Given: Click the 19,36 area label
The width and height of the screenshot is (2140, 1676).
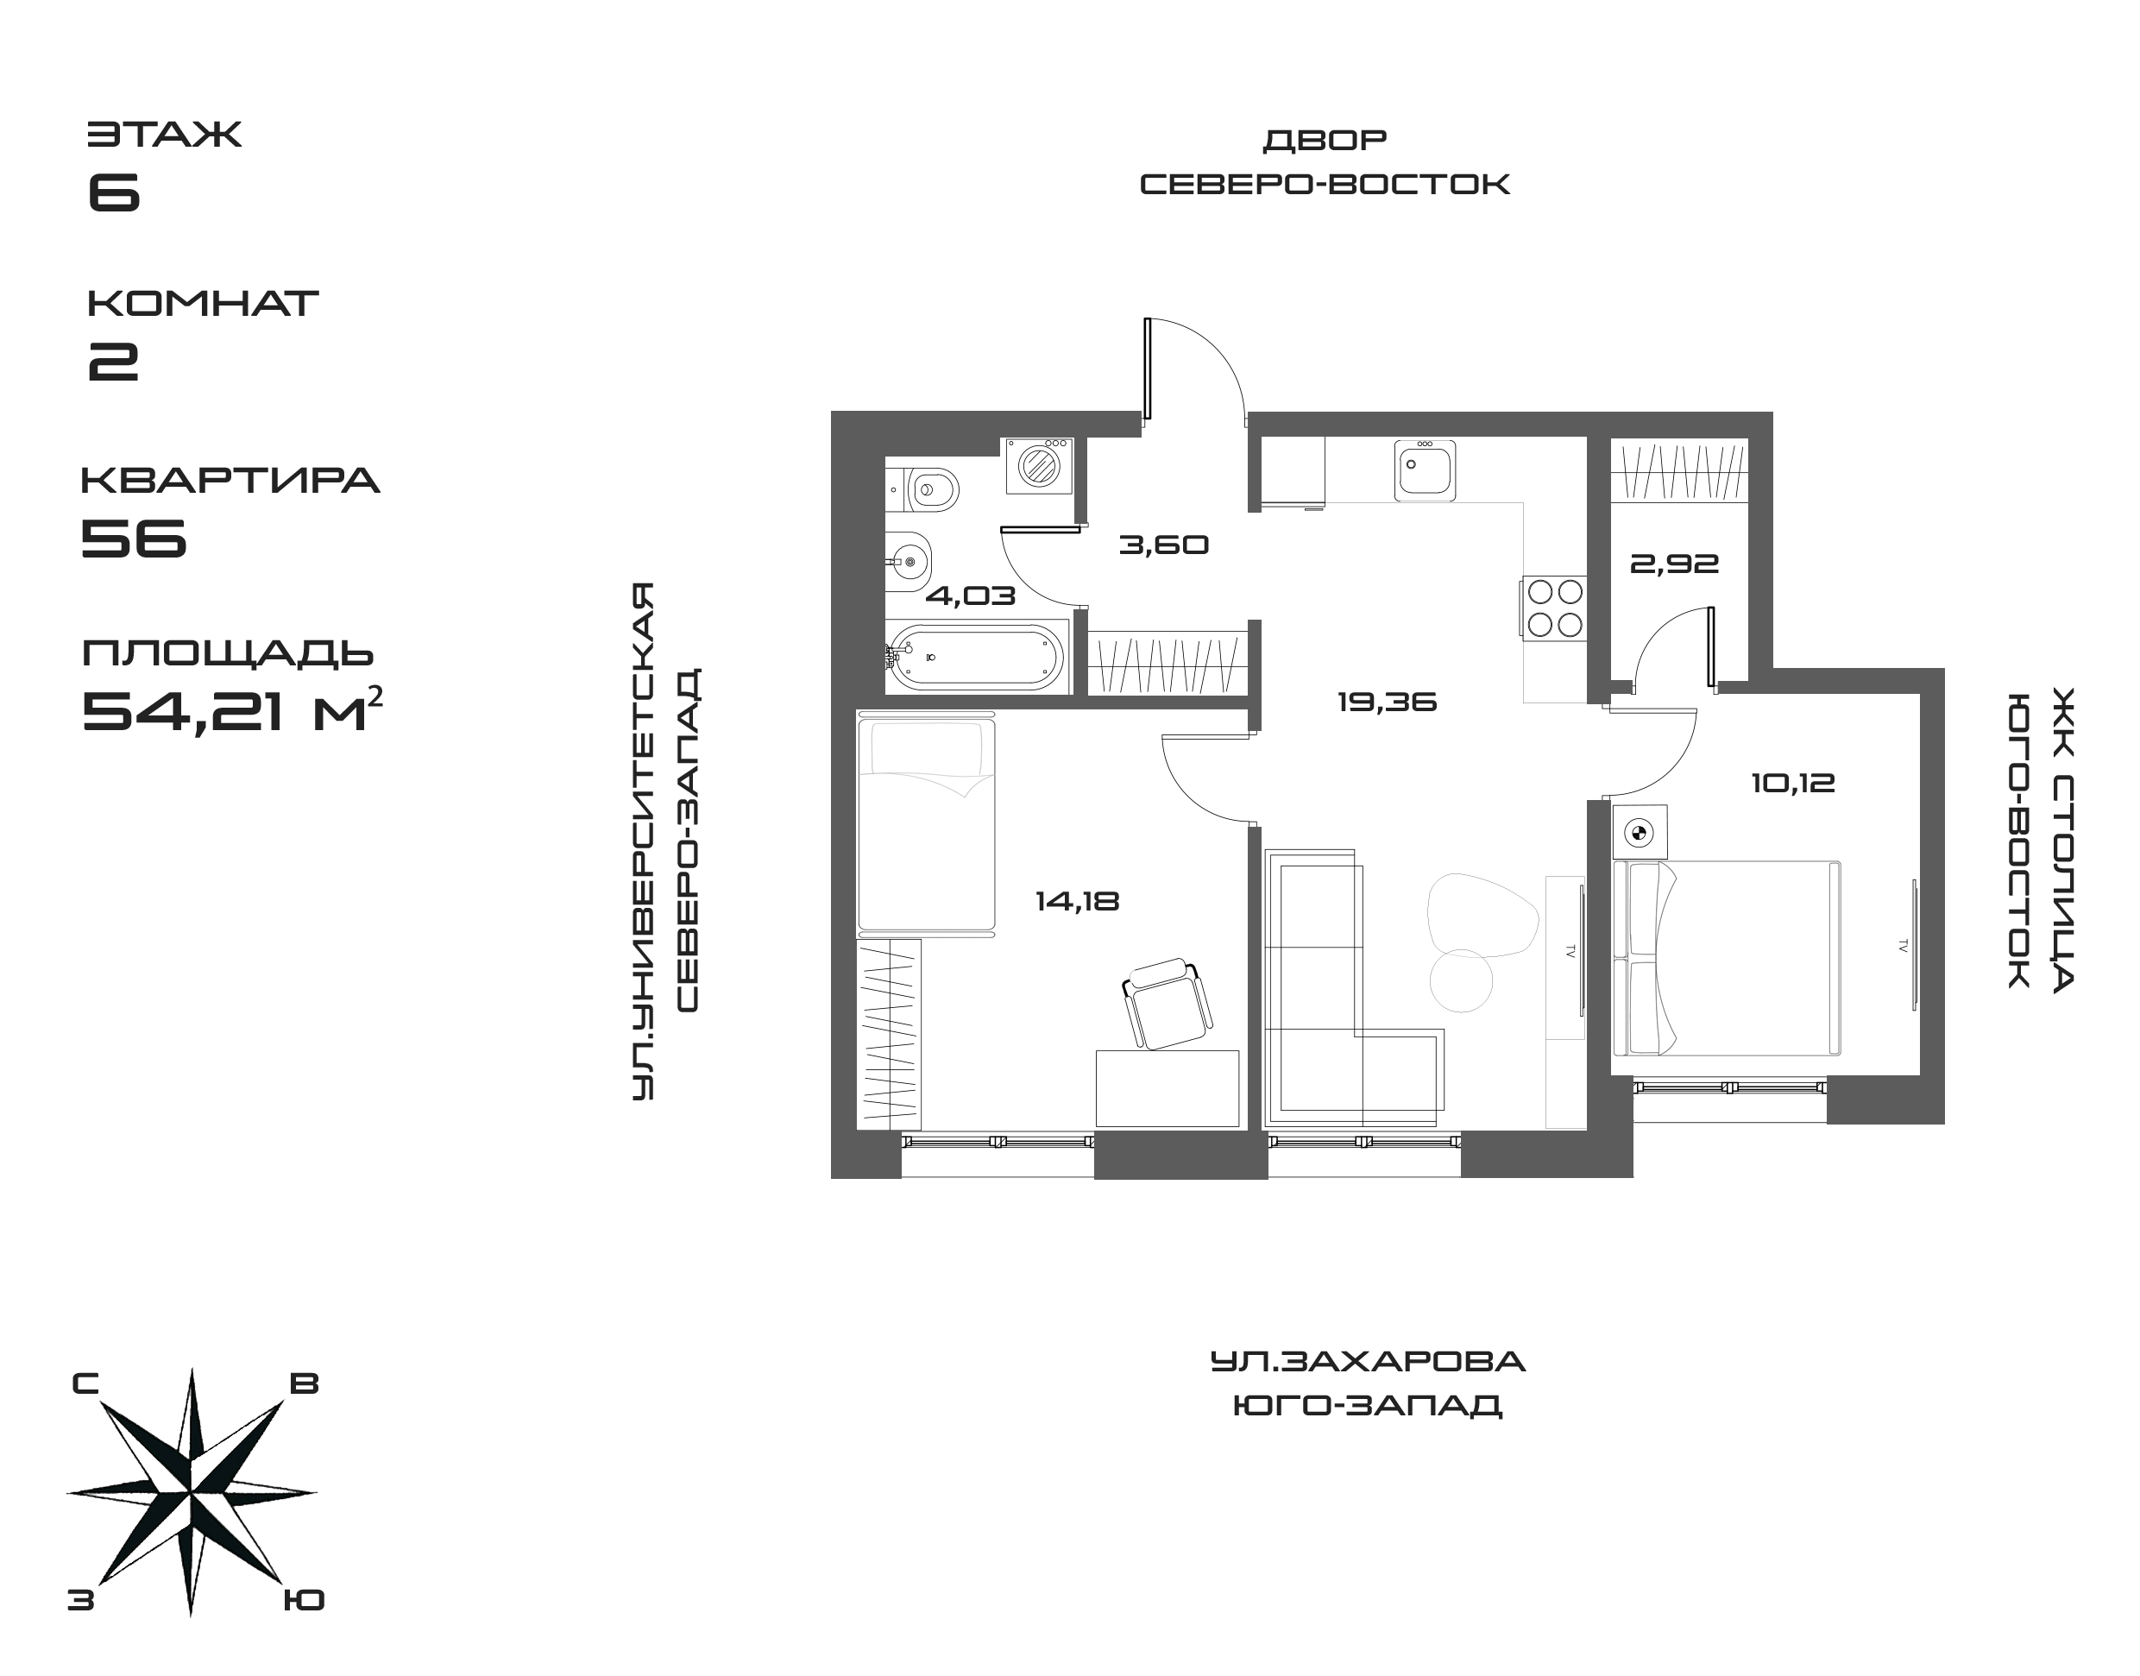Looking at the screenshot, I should point(1387,703).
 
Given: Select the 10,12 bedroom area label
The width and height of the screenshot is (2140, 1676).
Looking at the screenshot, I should point(1792,783).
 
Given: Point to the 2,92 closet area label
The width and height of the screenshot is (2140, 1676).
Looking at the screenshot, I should point(1674,564).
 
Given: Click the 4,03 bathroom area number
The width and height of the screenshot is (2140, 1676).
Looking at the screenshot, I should point(971,595).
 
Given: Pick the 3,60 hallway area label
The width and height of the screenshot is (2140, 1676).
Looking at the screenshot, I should point(1164,545).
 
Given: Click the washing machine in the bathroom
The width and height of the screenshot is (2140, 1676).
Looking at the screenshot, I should point(1037,465).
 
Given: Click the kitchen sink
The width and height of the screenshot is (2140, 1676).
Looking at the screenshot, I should point(1425,470).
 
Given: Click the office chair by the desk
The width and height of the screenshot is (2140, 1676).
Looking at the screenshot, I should point(1166,1002).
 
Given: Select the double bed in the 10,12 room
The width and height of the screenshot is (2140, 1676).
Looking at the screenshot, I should point(1727,958).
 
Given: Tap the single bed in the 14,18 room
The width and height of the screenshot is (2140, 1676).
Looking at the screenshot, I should point(926,824).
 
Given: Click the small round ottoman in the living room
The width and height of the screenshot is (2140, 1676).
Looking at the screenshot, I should point(1460,980).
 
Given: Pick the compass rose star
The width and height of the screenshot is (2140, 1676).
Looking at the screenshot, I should point(192,1492).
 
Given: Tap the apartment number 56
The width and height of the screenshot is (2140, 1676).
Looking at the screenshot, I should point(135,537).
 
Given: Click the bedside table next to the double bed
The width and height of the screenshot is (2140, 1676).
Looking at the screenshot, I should point(1640,833).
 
